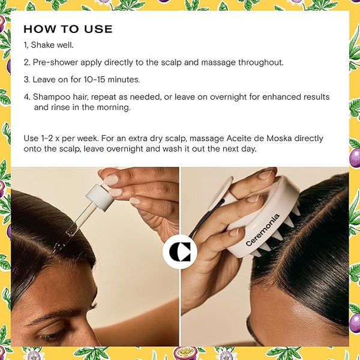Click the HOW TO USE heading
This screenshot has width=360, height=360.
click(68, 29)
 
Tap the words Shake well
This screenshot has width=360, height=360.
click(52, 45)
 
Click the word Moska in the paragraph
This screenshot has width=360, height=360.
click(280, 139)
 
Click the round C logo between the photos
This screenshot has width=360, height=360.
click(180, 251)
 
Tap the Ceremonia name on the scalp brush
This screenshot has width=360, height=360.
click(263, 230)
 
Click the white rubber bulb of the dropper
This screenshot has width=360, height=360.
click(100, 197)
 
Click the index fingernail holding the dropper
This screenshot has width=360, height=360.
click(111, 180)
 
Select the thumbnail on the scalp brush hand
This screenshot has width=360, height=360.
click(265, 175)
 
